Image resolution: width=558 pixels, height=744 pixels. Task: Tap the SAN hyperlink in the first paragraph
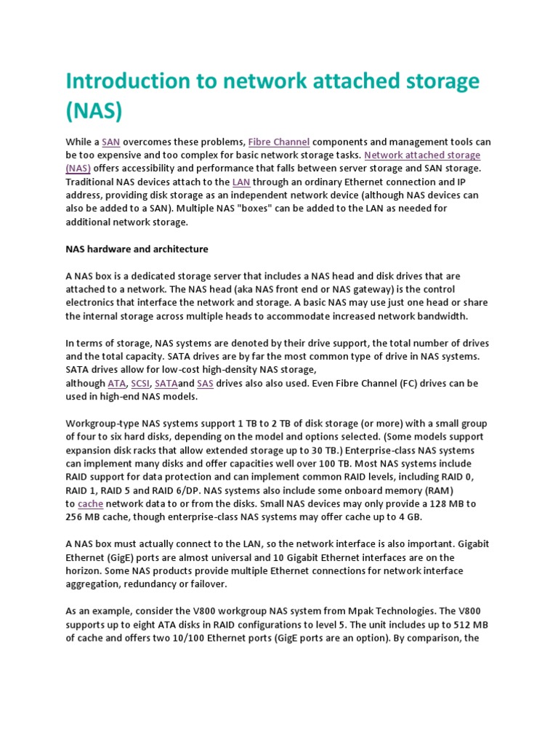(111, 142)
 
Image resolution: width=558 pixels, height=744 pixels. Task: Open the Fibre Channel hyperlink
(279, 142)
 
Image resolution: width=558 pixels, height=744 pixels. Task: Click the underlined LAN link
(241, 182)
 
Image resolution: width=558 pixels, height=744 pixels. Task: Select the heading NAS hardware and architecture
(137, 249)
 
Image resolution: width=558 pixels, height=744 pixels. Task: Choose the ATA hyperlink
(116, 384)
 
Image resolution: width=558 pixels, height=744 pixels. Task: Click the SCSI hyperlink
(140, 384)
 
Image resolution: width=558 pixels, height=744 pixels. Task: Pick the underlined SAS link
(205, 384)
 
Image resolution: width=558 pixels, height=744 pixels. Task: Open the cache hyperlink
(90, 504)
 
